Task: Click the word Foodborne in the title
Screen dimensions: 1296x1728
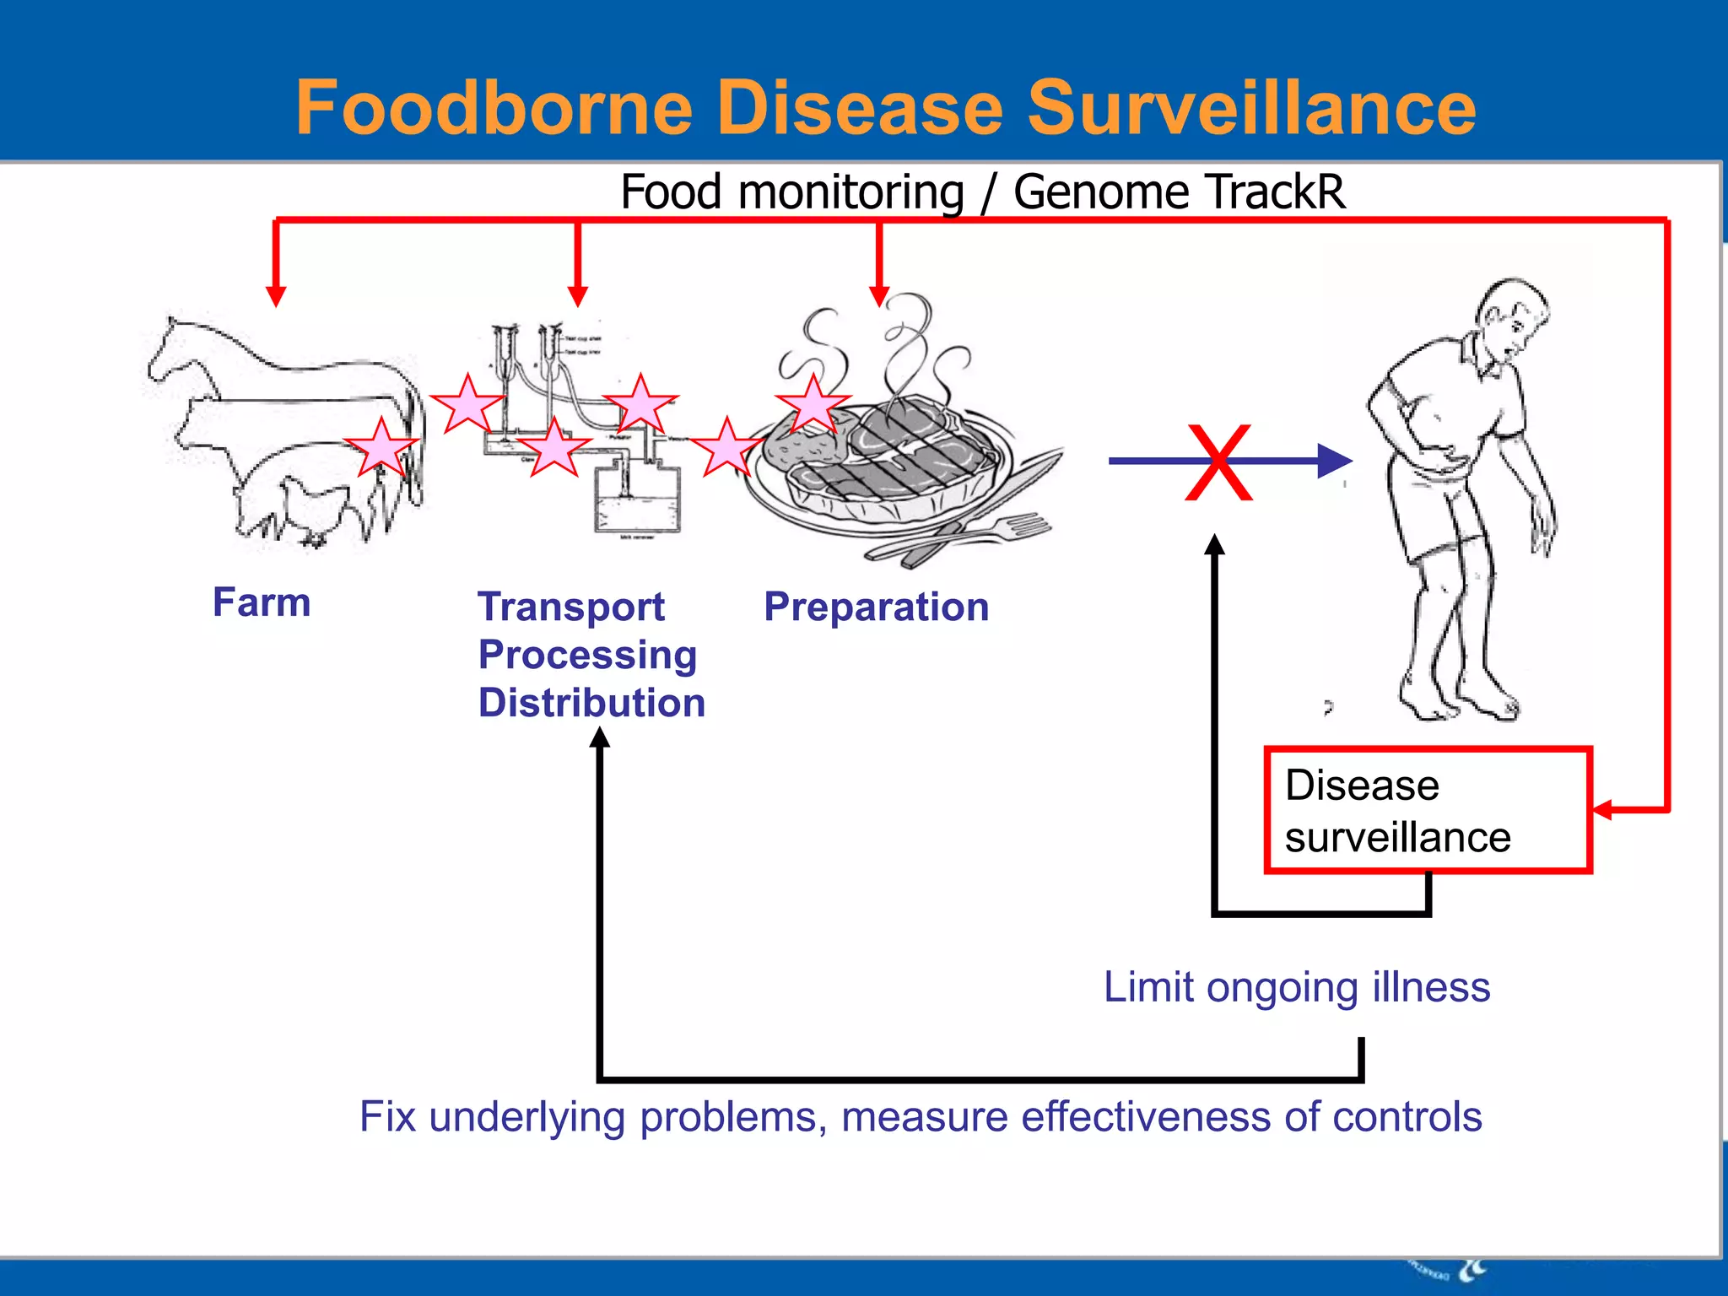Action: coord(494,107)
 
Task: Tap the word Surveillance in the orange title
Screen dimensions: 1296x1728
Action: coord(1252,107)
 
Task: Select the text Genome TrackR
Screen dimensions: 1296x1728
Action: coord(1179,192)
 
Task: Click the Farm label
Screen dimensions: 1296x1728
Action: coord(262,602)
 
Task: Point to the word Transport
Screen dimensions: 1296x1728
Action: coord(571,607)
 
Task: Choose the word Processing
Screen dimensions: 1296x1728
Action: coord(587,655)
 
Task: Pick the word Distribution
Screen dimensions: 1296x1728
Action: coord(591,703)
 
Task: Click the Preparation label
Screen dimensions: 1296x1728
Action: coord(876,607)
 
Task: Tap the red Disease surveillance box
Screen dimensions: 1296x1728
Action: coord(1428,810)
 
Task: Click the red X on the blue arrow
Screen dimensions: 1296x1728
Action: coord(1218,462)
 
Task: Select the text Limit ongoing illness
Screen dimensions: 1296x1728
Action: coord(1297,986)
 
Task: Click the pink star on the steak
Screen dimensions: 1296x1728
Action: coord(813,404)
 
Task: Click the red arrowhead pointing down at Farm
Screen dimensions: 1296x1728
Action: coord(276,296)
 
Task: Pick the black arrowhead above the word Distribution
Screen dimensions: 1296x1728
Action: coord(599,738)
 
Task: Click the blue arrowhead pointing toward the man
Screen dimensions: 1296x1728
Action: coord(1334,461)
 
